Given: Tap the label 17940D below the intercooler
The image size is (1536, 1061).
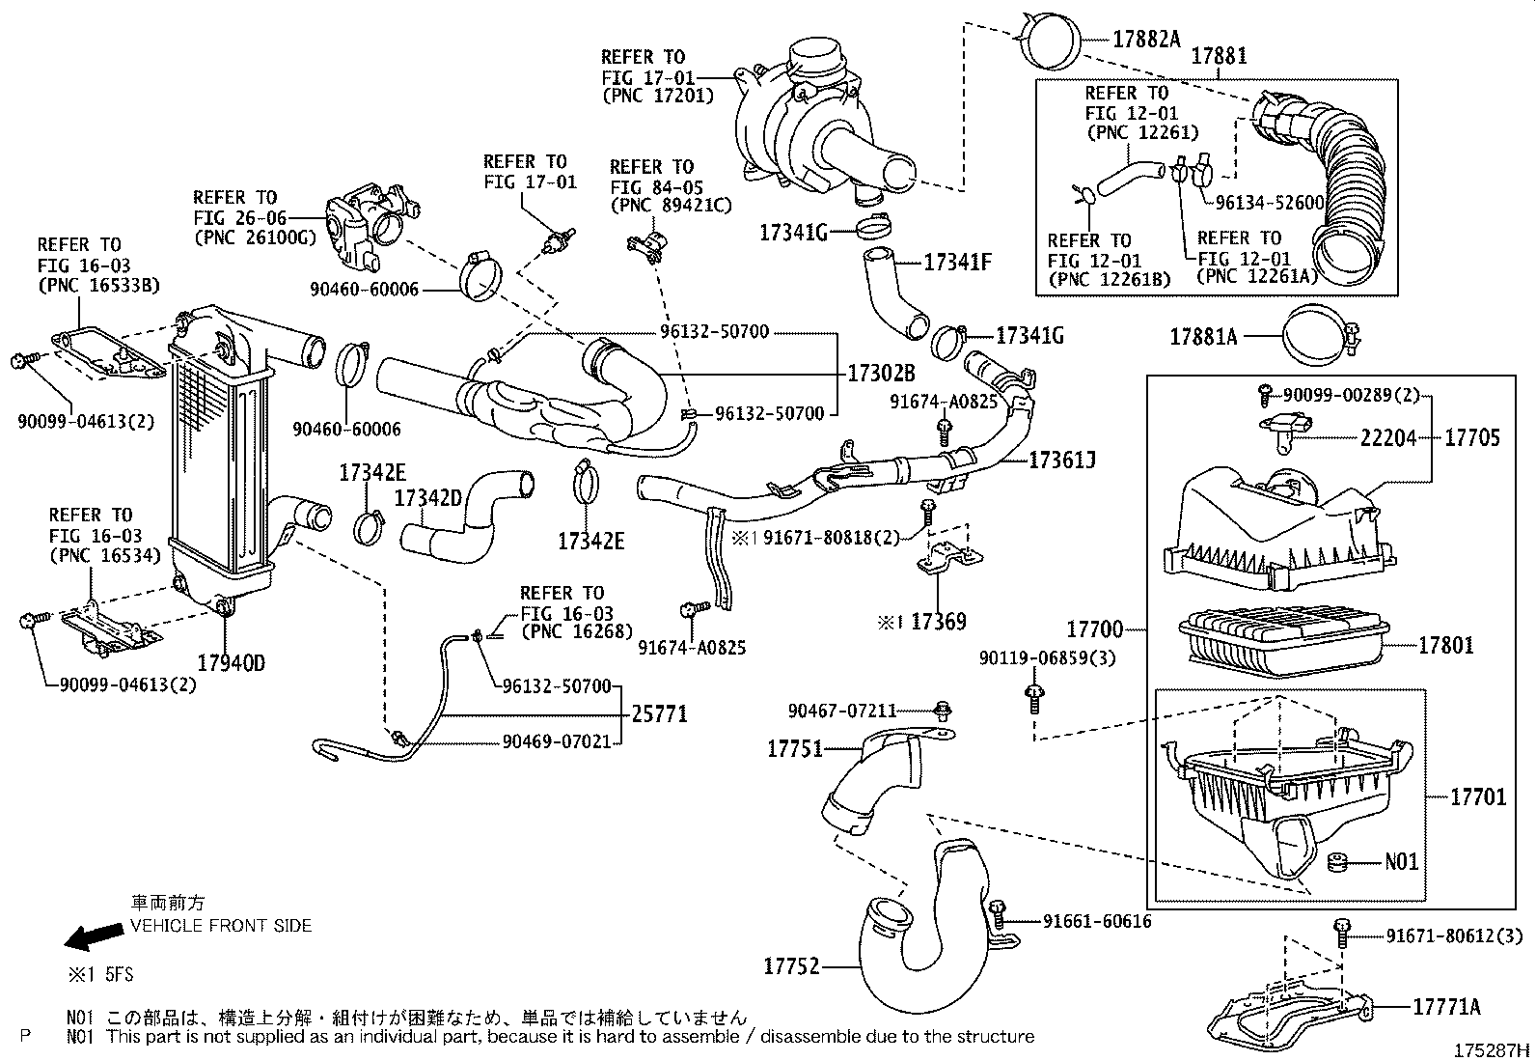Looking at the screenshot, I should (231, 663).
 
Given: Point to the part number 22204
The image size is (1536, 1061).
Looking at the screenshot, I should (1388, 437).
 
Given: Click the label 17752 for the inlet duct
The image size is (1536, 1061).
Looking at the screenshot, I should (791, 964).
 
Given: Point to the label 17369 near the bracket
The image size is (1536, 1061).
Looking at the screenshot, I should (938, 622).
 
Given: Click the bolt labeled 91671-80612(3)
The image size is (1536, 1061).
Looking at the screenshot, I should (1341, 933).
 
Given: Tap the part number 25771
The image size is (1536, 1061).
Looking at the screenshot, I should (660, 714).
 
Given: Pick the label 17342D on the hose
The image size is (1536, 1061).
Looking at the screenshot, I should (428, 498).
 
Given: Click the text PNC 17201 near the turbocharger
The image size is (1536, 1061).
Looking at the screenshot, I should (658, 96).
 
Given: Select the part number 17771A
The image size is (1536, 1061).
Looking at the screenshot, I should (1446, 1007).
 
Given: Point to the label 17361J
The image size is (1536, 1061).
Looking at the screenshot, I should (1061, 460).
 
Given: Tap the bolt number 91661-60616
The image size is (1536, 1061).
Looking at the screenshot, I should (1097, 921).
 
